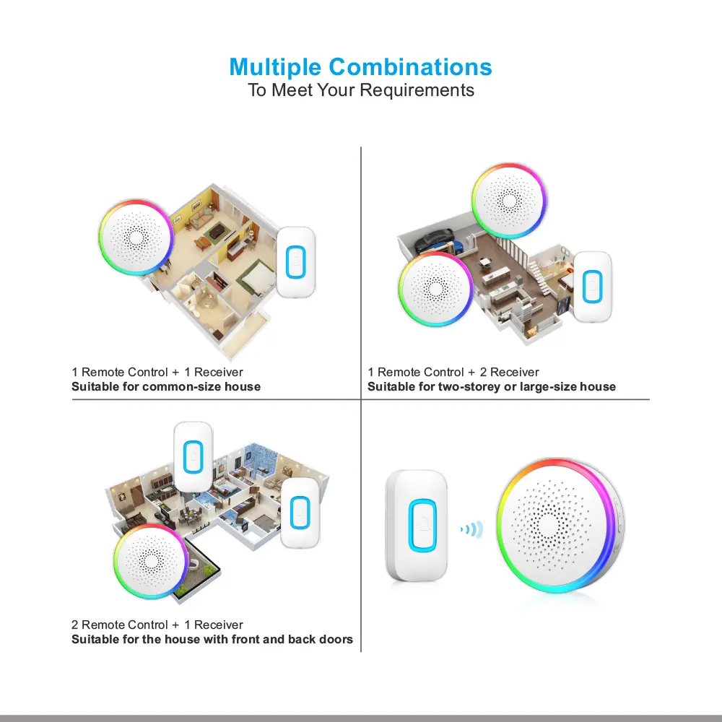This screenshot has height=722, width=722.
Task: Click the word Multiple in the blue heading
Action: tap(275, 68)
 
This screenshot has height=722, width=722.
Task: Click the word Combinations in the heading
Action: tap(410, 66)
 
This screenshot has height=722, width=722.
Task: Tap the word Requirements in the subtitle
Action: tap(417, 91)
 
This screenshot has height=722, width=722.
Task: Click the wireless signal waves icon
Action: tap(472, 529)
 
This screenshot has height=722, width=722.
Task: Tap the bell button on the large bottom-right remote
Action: tap(422, 524)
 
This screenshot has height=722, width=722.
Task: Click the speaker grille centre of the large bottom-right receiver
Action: tap(548, 525)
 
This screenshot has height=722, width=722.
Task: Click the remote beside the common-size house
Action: tap(295, 262)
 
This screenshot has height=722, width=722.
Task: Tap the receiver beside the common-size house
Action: tap(136, 237)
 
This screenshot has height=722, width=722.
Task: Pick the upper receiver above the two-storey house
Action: tap(509, 201)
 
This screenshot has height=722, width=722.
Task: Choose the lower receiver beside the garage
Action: tap(435, 289)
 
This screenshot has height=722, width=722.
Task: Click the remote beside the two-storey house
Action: tap(593, 287)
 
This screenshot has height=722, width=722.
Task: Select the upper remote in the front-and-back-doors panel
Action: tap(193, 457)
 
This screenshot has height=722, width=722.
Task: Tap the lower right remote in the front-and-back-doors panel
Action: tap(300, 513)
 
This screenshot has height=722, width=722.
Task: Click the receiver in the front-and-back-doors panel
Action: tap(151, 561)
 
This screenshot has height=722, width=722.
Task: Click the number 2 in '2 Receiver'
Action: tap(483, 372)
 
